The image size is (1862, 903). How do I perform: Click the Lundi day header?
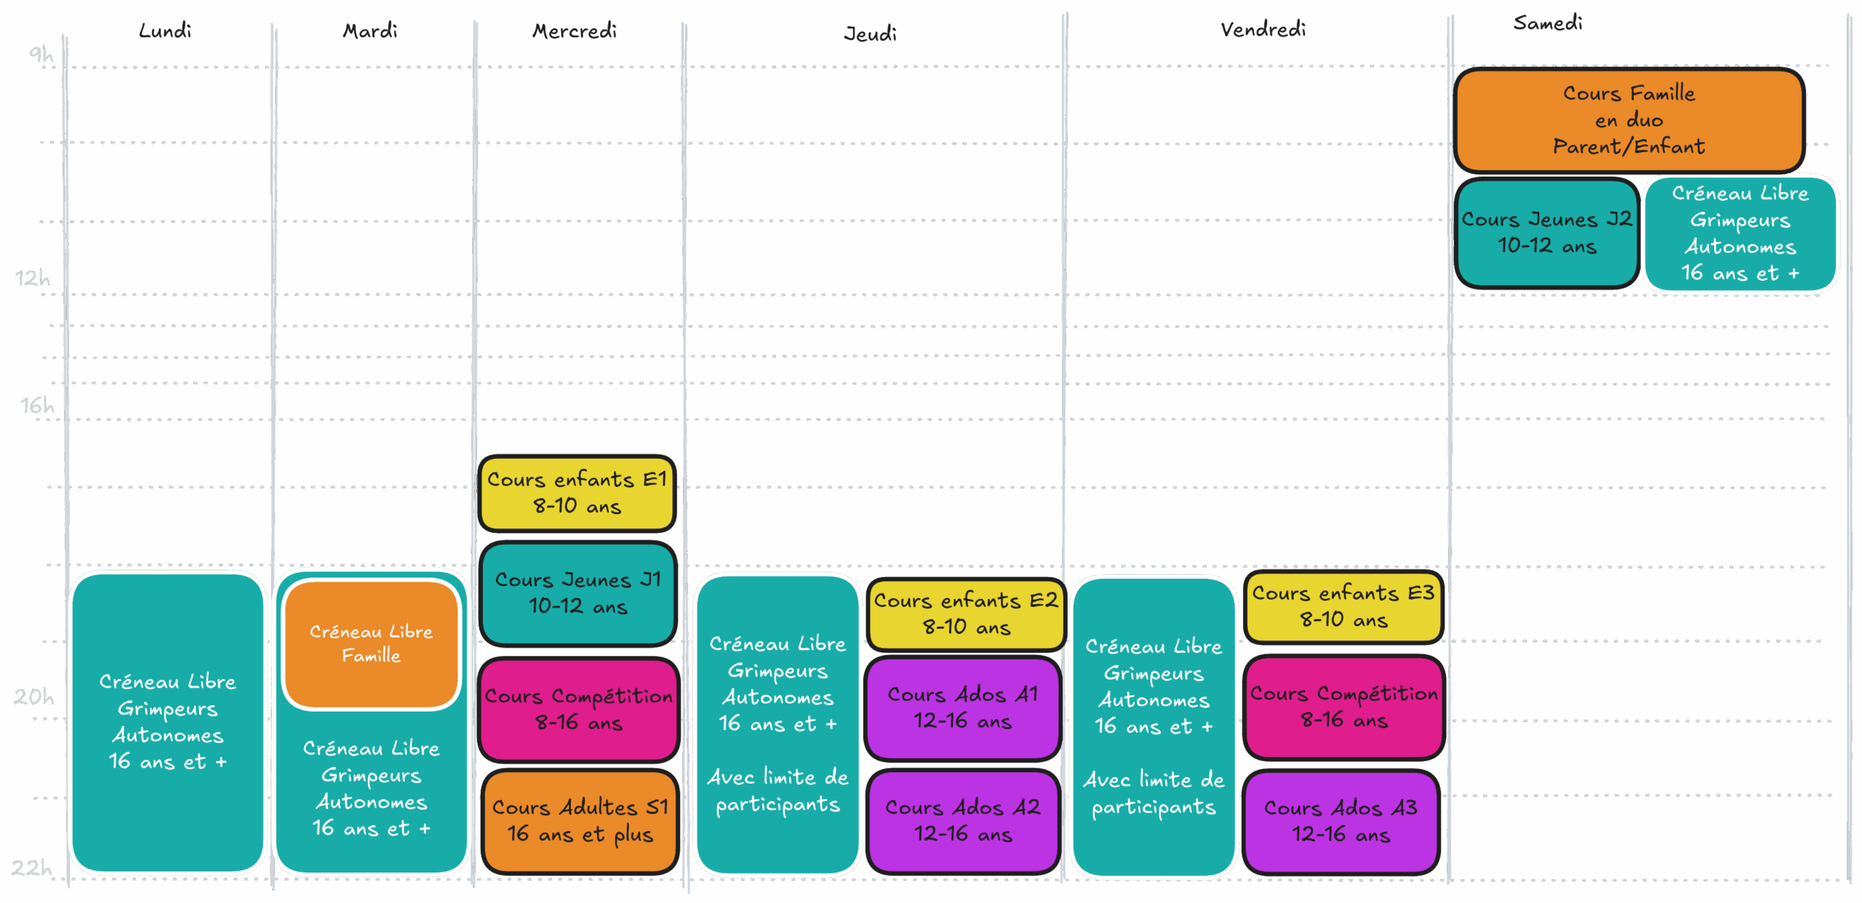tap(165, 31)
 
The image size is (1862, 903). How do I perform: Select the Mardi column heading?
tap(370, 31)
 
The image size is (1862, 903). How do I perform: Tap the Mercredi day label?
tap(575, 31)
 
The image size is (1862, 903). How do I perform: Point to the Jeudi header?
tap(870, 33)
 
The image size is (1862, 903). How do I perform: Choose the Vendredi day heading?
tap(1263, 29)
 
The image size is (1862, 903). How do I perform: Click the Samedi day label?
tap(1548, 23)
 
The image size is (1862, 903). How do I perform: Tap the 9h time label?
tap(41, 54)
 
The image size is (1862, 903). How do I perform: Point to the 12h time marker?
tap(33, 278)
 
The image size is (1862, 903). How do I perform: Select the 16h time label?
tap(37, 405)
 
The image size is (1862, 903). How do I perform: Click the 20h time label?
tap(33, 697)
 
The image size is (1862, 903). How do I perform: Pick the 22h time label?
tap(31, 867)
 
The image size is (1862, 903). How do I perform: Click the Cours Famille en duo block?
tap(1629, 120)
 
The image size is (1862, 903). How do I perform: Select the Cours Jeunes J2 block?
tap(1547, 233)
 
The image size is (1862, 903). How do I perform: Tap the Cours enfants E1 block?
tap(577, 493)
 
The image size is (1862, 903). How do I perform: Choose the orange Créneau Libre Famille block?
tap(371, 644)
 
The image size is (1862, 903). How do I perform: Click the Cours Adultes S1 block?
tap(580, 821)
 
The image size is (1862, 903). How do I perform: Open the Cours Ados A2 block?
tap(963, 821)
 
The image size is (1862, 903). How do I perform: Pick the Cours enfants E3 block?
tap(1343, 606)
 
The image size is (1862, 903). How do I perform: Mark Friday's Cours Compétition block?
tap(1344, 707)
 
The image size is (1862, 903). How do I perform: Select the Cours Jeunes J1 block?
tap(578, 593)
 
